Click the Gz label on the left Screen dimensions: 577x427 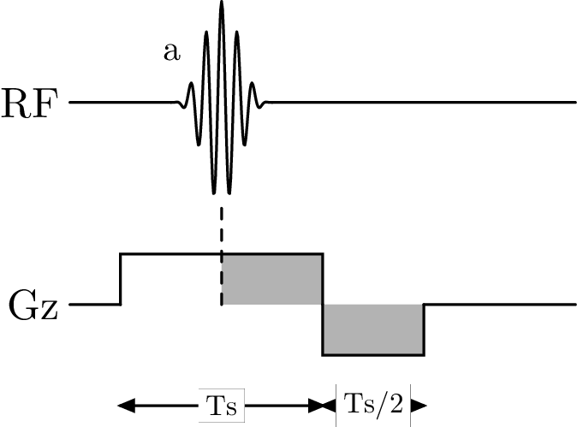point(33,305)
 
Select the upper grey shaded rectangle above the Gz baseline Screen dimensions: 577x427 point(272,279)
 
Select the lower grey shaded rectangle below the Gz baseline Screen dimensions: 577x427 point(373,329)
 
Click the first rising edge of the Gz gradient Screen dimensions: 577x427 point(121,279)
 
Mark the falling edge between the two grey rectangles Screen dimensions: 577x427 point(323,304)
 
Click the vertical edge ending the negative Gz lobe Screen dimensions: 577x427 point(424,329)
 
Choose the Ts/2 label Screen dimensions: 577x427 point(372,401)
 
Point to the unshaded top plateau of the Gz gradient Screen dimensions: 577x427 point(171,253)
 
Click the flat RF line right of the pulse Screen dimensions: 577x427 point(428,103)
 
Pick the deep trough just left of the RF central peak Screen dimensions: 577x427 point(213,184)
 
